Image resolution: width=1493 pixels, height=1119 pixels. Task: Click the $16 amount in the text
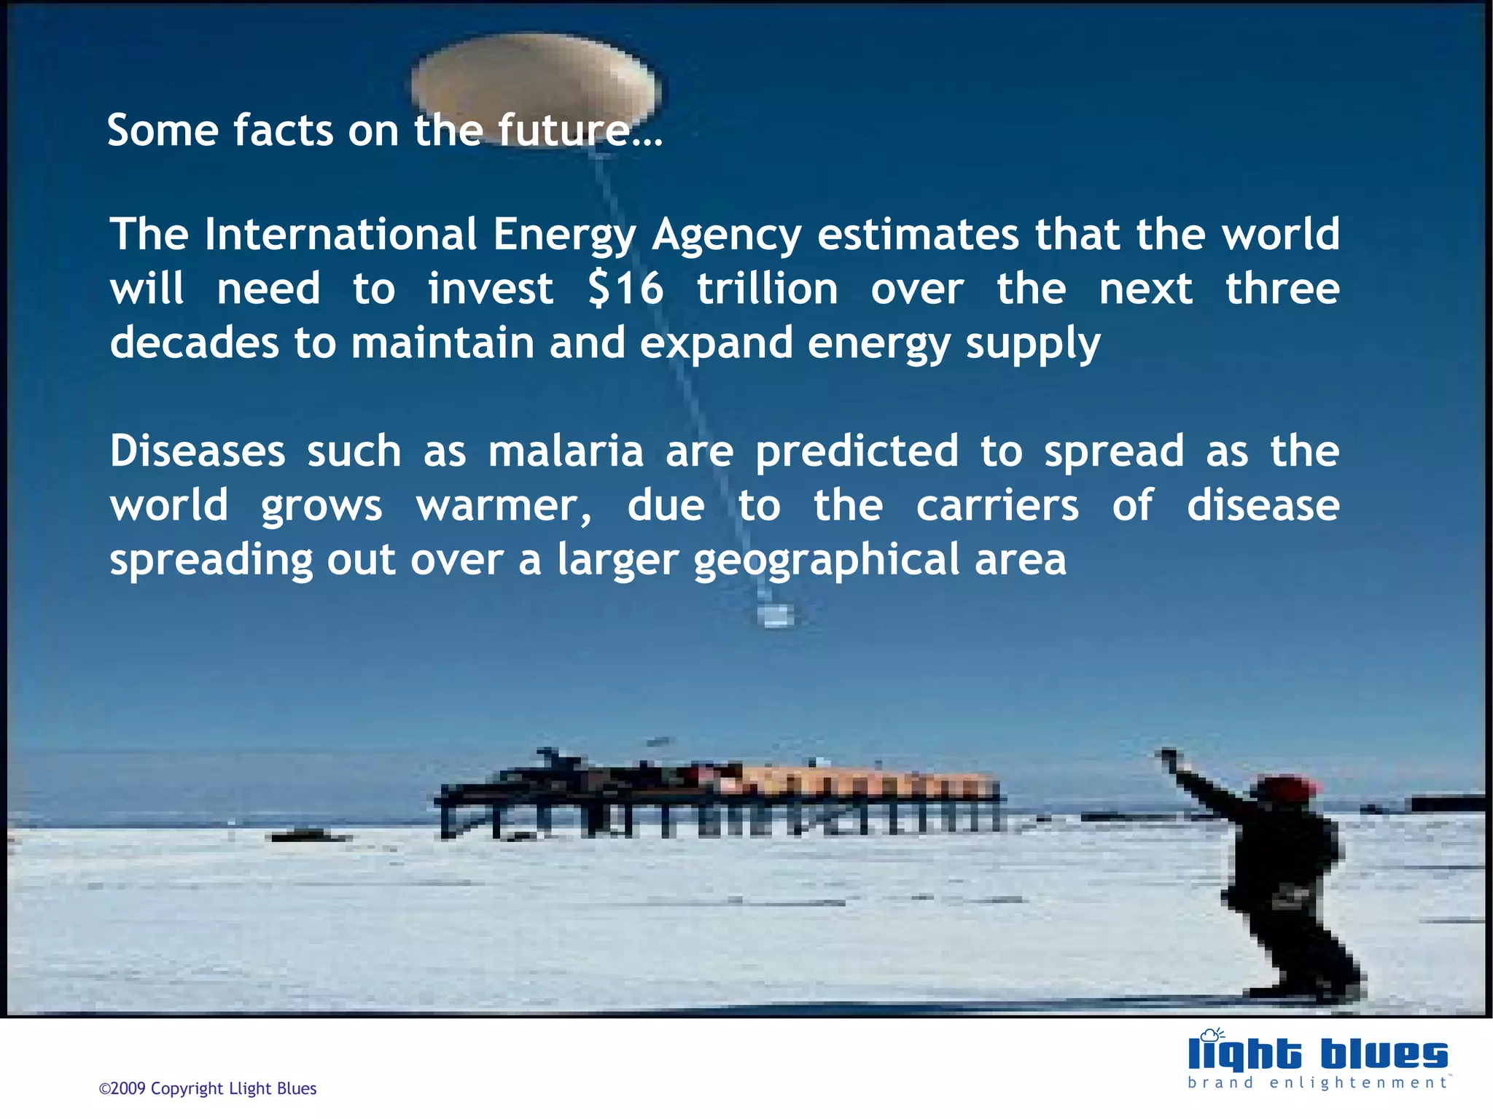625,289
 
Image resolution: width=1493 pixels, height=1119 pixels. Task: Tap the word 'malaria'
566,451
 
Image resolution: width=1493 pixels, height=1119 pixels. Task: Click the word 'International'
340,234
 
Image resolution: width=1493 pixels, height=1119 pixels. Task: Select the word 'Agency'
726,235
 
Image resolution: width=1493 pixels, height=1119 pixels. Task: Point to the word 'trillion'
767,289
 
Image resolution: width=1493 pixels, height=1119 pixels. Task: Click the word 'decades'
194,343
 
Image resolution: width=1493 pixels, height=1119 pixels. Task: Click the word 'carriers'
997,505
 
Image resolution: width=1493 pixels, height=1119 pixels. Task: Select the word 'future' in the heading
564,130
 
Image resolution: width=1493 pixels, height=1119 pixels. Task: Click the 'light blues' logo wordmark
1317,1054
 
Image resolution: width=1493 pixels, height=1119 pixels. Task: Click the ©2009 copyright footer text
208,1088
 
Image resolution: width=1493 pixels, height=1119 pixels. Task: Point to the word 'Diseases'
198,451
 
